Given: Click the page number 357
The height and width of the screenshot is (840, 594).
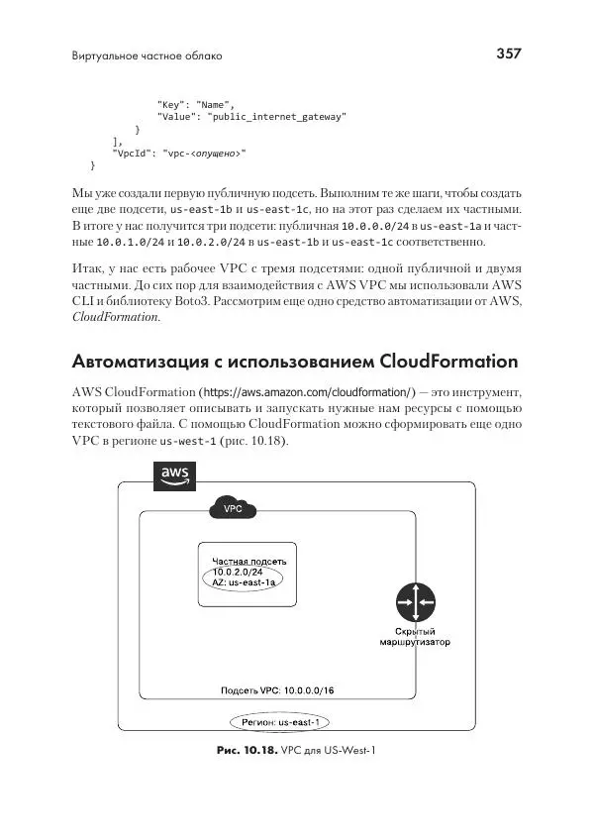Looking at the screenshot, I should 508,53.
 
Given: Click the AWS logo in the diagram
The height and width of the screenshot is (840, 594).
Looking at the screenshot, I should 172,475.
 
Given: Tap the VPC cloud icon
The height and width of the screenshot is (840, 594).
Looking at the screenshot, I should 234,508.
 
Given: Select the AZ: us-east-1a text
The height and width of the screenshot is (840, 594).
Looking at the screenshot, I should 243,583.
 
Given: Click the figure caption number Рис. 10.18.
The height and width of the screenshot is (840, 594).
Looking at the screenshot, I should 247,752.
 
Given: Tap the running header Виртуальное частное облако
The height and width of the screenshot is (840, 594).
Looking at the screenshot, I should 147,55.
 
